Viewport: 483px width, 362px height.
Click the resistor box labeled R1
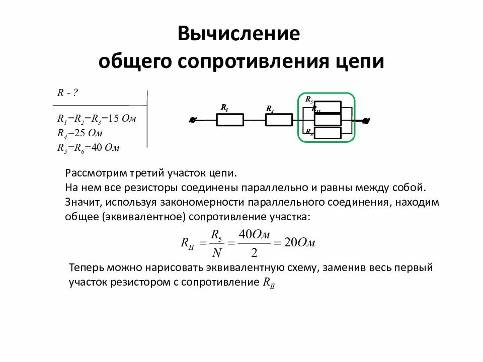point(230,120)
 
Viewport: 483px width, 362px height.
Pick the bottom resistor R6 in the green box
point(328,133)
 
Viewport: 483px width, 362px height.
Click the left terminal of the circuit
point(192,120)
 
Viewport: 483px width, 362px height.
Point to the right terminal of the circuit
point(366,121)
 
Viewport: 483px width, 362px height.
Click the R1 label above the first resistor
point(224,108)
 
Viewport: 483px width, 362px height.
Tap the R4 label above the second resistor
point(270,109)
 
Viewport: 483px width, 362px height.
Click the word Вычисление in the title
point(239,34)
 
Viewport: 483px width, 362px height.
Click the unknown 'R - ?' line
point(67,93)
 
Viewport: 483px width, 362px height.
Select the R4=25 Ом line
point(80,134)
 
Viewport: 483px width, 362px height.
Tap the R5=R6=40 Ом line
point(88,148)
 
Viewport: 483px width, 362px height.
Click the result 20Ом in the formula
point(300,242)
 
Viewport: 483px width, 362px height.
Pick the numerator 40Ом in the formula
point(255,234)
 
